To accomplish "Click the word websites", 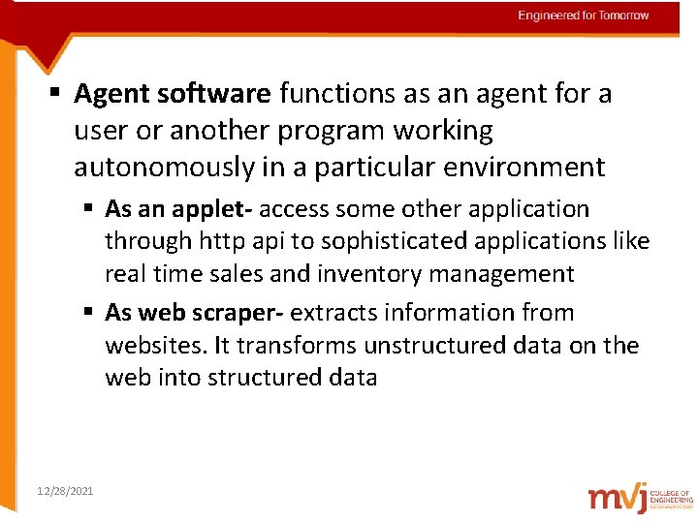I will click(x=150, y=346).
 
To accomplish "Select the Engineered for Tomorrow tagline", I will click(x=584, y=15).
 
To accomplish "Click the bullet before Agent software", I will click(x=56, y=94).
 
